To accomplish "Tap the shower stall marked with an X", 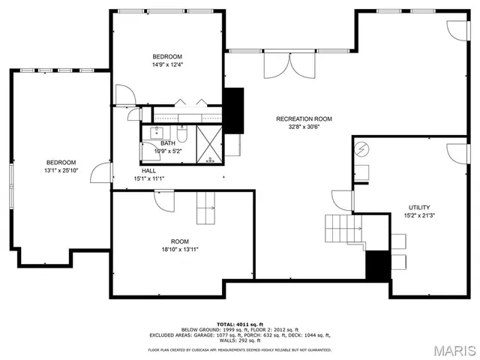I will [x=210, y=144].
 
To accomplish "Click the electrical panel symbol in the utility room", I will [x=361, y=149].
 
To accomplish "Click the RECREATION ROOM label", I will [x=304, y=118].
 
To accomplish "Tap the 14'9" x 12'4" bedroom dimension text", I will [x=167, y=65].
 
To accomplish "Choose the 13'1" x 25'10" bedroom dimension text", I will [x=61, y=171].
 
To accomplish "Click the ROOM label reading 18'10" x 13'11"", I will [x=179, y=249].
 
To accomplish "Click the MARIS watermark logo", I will [x=455, y=349].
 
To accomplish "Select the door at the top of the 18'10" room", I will [x=164, y=199].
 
